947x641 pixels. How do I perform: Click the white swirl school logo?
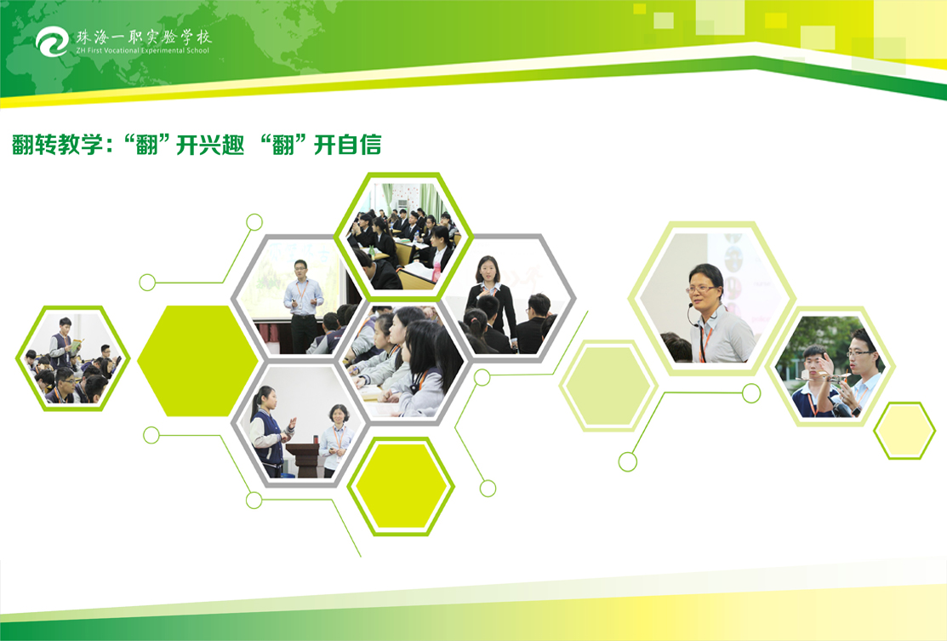[52, 41]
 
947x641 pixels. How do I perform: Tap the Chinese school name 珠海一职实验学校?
[143, 37]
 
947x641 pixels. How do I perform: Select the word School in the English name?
[197, 51]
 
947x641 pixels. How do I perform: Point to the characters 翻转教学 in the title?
[57, 145]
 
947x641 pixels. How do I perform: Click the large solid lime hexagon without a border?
[198, 361]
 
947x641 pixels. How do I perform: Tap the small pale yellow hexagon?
[904, 430]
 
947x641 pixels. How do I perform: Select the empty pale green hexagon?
[608, 386]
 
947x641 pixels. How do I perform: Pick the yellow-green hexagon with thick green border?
[401, 486]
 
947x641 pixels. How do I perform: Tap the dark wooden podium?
[307, 460]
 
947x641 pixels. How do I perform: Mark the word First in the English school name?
[94, 51]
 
